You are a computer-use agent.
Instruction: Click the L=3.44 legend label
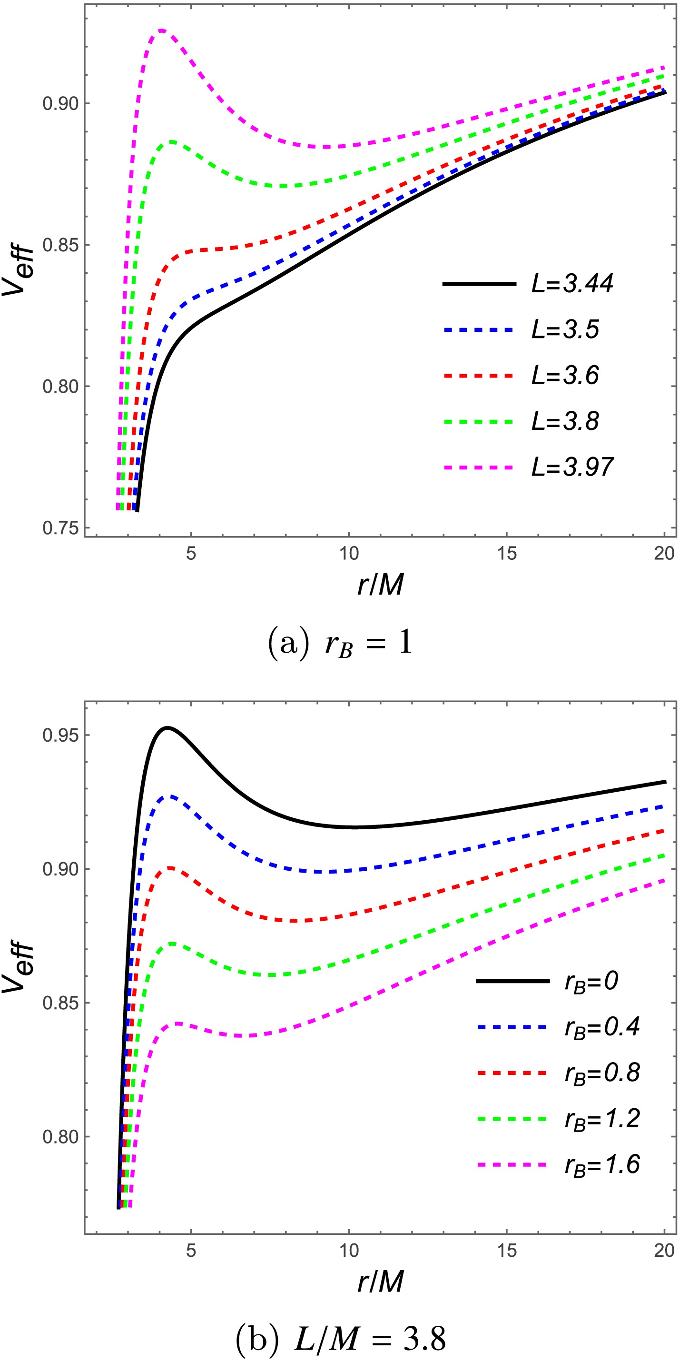[x=572, y=284]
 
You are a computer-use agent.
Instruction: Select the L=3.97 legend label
[x=572, y=467]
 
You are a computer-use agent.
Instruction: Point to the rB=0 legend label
[x=591, y=981]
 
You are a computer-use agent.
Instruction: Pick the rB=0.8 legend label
[x=602, y=1073]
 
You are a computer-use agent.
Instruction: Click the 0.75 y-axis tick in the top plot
[x=60, y=528]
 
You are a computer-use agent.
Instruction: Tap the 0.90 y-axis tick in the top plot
[x=60, y=104]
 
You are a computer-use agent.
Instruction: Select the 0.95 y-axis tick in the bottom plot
[x=60, y=736]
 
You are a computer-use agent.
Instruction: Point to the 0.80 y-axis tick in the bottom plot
[x=60, y=1137]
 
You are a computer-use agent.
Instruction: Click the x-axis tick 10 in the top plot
[x=349, y=554]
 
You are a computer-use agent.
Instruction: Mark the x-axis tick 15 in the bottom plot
[x=507, y=1251]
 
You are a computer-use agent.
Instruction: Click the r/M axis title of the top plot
[x=381, y=585]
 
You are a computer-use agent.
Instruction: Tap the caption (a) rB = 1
[x=340, y=644]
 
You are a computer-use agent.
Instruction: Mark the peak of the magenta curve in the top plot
[x=162, y=30]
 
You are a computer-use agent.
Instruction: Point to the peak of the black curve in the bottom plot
[x=167, y=728]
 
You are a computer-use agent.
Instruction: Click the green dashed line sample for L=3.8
[x=479, y=422]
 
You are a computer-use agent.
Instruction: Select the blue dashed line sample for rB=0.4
[x=512, y=1027]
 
